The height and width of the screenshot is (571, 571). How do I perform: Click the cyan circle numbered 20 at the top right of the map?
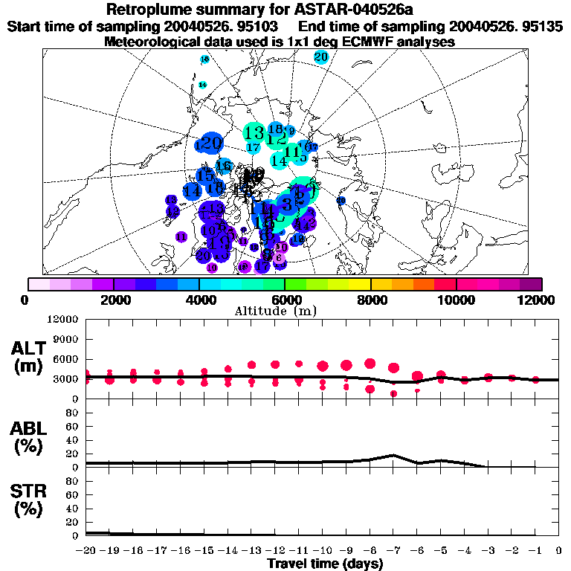click(x=321, y=57)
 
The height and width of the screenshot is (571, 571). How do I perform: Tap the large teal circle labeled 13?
click(x=254, y=133)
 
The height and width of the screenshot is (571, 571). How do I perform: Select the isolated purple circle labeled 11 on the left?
click(x=181, y=236)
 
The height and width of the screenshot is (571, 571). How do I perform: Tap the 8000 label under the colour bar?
click(x=370, y=300)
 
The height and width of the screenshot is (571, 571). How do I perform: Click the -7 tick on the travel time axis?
click(x=393, y=551)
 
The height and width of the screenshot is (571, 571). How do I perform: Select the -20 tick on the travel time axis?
click(x=86, y=551)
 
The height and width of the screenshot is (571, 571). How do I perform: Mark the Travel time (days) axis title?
click(x=325, y=564)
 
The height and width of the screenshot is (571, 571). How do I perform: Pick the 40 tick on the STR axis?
click(x=73, y=508)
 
